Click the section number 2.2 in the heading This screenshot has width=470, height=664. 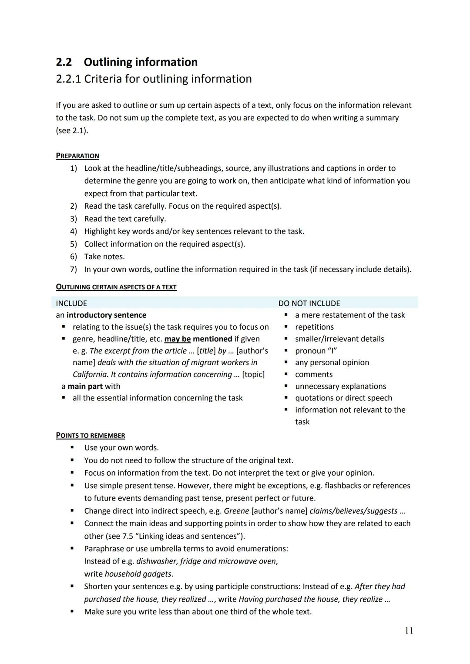64,62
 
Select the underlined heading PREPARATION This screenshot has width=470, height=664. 77,156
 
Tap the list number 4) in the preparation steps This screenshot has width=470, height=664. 74,231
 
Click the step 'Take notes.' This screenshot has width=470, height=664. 104,257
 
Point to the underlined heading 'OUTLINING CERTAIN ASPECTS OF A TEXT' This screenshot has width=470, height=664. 116,287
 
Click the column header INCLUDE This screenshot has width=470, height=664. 71,303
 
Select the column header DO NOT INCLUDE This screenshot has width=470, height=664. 309,303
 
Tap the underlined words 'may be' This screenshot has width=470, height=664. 177,339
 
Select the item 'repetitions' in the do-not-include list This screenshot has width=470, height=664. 314,327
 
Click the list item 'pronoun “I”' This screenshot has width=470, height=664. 316,350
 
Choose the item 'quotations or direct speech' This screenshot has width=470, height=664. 343,398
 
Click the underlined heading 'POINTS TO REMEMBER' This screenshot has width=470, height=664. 91,435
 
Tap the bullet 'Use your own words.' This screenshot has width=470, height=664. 121,447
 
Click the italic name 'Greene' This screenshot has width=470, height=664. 236,511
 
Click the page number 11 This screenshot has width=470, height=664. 409,631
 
